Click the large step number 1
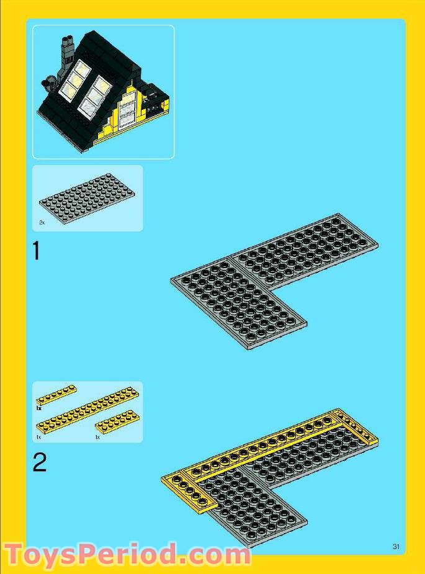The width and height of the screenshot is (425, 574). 37,251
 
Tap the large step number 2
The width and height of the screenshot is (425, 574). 39,463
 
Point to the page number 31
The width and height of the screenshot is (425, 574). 396,546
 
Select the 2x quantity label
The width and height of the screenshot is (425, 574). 42,222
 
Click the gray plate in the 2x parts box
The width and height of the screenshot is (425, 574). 86,197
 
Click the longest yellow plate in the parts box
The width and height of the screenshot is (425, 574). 87,410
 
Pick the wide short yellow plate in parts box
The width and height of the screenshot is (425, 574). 117,423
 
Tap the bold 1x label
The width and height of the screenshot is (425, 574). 39,409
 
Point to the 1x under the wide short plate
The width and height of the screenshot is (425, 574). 97,437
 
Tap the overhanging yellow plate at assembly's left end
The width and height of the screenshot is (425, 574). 189,493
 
